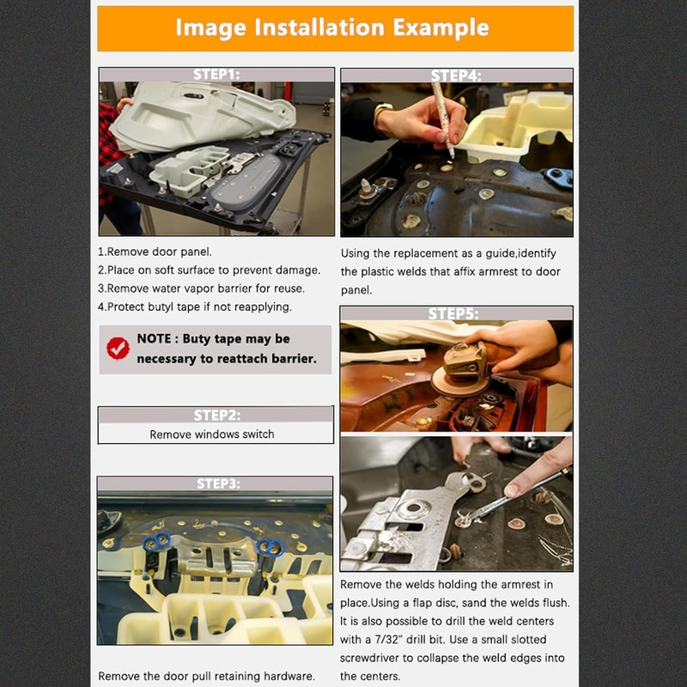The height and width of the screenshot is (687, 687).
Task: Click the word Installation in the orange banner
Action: coord(319,27)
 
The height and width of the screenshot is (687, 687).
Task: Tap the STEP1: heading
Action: coord(216,75)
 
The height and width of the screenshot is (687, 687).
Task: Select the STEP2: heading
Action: coord(217,415)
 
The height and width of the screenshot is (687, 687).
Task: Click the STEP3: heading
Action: coord(218,483)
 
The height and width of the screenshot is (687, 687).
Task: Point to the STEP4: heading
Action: coord(456,76)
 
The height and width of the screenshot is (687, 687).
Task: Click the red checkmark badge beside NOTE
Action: coord(118,349)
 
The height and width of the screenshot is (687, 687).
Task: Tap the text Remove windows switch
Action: coord(212,435)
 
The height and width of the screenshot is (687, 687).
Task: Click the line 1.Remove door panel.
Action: coord(155,252)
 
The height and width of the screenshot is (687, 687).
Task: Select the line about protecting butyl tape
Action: coord(195,307)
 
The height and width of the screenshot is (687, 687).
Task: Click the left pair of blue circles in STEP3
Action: coord(157,542)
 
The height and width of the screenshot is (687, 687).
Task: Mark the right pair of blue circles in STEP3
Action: coord(271,547)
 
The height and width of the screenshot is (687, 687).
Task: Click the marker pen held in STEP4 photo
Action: coord(442,119)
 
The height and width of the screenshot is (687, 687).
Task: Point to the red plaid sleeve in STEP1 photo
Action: coord(110,154)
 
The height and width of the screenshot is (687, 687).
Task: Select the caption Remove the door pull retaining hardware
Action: coord(206,676)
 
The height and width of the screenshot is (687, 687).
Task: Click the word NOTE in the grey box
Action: coord(154,338)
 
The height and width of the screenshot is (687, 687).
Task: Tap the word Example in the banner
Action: coord(441,28)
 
